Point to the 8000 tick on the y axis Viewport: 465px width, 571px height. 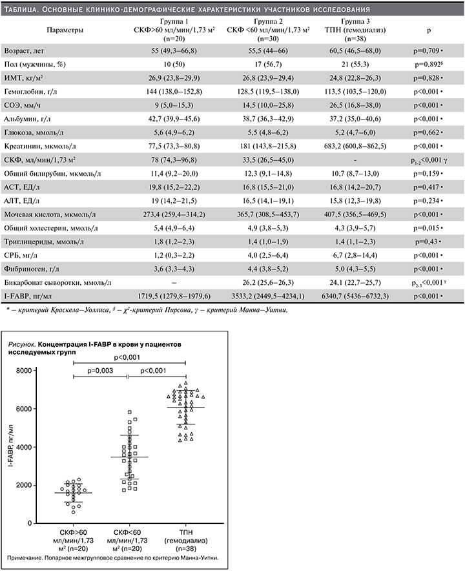(x=41, y=371)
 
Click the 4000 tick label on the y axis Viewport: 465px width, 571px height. (x=41, y=447)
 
